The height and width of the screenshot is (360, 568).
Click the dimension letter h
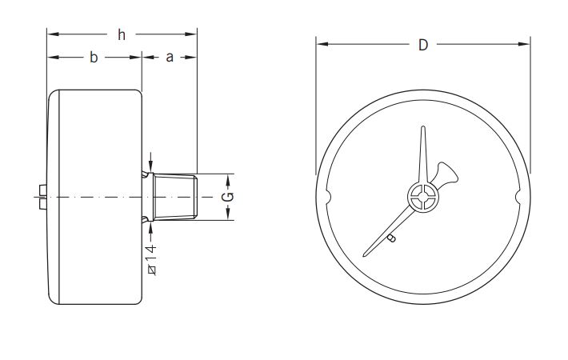(x=122, y=34)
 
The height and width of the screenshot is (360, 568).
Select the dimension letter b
(x=94, y=58)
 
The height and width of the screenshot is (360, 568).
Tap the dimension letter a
(x=170, y=58)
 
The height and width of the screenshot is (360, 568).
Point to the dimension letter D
(x=423, y=45)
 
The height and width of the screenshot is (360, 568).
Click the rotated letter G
(x=228, y=197)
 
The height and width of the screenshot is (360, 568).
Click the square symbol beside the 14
(x=150, y=269)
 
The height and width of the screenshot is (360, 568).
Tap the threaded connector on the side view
(x=177, y=197)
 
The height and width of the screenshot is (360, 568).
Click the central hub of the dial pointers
(x=423, y=197)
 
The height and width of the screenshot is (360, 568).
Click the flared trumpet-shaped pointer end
(x=447, y=170)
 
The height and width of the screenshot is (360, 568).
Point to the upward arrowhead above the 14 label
(x=150, y=230)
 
